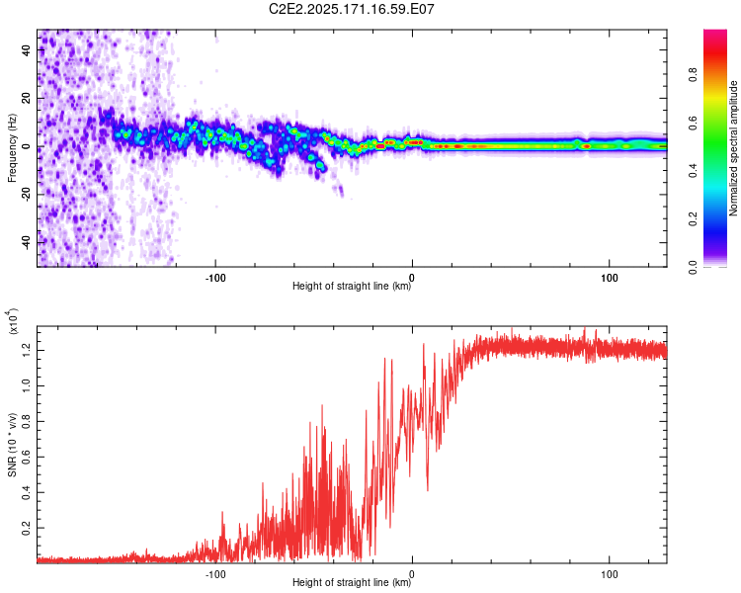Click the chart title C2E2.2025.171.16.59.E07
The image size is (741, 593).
(351, 9)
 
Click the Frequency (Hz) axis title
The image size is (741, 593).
(12, 148)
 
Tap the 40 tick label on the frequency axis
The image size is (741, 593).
(27, 49)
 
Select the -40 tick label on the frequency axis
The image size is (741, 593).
(27, 243)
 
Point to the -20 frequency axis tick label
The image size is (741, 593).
(27, 195)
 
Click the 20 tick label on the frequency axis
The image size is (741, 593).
(27, 98)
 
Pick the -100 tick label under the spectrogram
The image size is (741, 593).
(215, 278)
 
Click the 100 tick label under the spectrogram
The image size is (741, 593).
(610, 278)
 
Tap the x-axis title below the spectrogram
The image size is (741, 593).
(352, 286)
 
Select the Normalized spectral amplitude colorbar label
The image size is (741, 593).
(733, 148)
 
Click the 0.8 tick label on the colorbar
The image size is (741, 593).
(694, 75)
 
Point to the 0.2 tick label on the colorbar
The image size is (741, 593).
(694, 219)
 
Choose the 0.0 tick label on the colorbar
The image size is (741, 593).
(694, 267)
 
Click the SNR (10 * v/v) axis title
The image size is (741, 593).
(12, 445)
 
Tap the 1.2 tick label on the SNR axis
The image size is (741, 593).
(27, 350)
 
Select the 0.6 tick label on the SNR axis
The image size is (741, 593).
(27, 457)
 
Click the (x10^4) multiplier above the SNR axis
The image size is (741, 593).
(13, 321)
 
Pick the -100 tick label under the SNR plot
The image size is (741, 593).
(215, 574)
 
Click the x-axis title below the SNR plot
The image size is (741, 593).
(352, 582)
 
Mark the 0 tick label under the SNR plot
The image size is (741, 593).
(412, 574)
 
